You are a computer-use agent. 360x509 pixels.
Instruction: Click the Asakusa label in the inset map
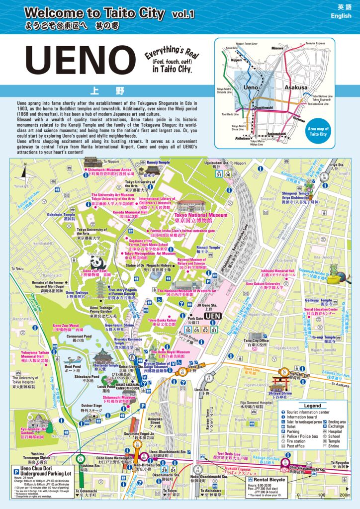pos(296,87)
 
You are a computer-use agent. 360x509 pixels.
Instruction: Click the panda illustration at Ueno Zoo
pos(97,262)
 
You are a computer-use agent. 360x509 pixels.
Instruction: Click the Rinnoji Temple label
pos(208,248)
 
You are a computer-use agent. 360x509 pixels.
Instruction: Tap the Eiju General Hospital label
pos(256,403)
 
